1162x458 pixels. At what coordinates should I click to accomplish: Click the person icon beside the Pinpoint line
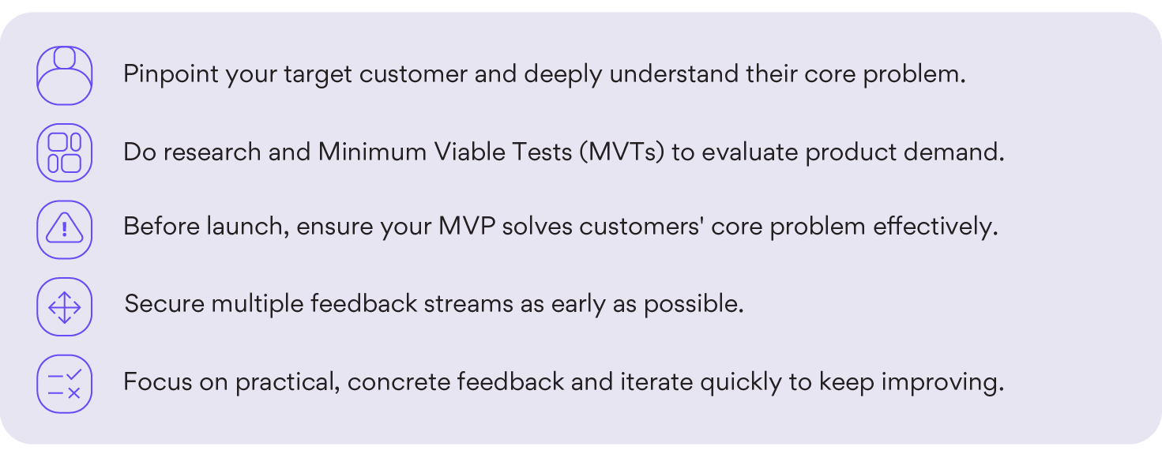[64, 76]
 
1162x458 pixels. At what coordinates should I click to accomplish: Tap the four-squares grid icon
[64, 152]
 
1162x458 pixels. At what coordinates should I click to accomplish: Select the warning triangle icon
[64, 229]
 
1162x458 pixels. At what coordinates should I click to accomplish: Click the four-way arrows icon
[64, 307]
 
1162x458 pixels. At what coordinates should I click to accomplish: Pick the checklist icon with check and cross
[64, 384]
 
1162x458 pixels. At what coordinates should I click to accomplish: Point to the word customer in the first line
[413, 73]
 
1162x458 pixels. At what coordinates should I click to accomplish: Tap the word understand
[674, 73]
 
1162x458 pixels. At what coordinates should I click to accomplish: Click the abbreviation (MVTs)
[622, 152]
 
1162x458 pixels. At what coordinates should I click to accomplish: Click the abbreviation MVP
[467, 227]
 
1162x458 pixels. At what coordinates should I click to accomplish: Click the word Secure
[164, 304]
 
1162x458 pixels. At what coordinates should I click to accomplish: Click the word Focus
[158, 381]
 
